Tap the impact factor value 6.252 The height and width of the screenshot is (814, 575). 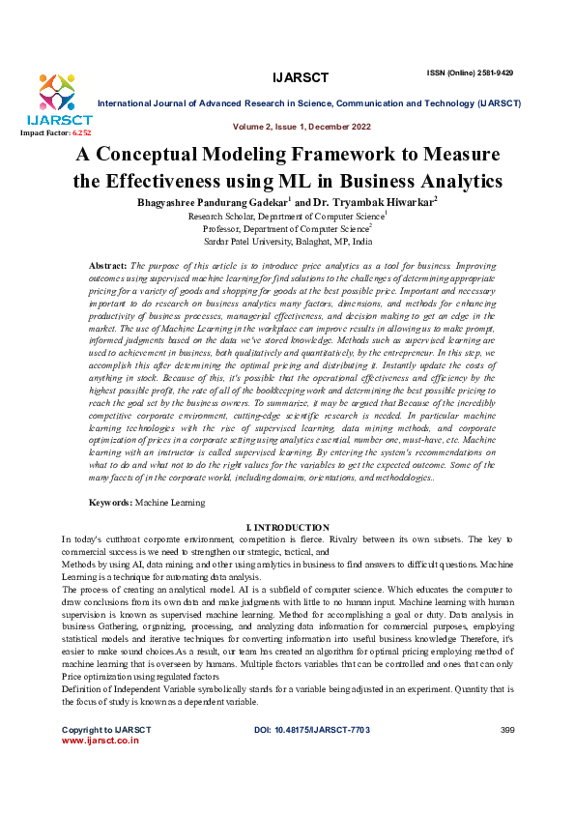(78, 131)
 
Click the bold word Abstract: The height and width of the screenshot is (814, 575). (108, 264)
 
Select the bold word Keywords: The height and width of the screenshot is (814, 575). (111, 503)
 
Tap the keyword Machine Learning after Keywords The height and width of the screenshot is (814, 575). (170, 503)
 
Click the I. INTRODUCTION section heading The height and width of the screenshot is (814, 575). (288, 527)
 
